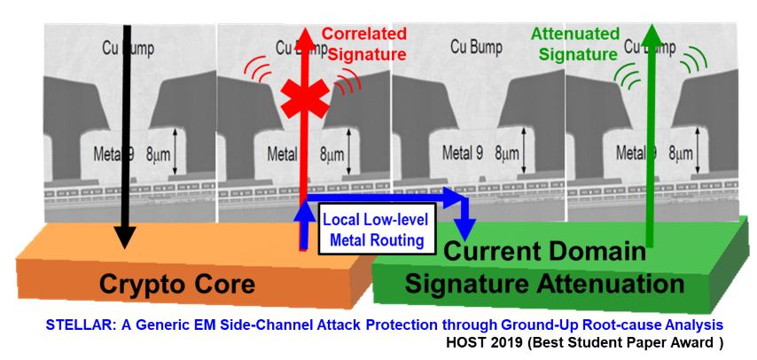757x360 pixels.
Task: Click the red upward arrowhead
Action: (x=304, y=37)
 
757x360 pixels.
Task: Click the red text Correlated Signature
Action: (x=357, y=43)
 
